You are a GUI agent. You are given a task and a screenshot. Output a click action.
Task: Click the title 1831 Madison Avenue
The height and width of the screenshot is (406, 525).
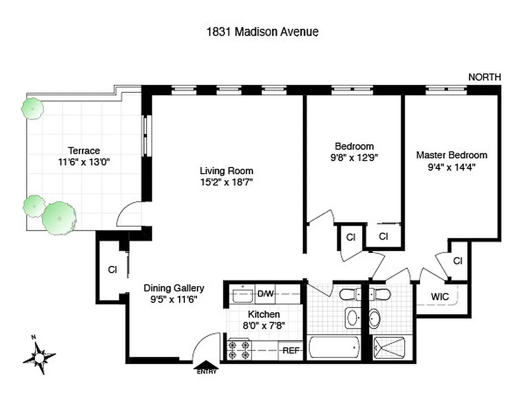click(262, 32)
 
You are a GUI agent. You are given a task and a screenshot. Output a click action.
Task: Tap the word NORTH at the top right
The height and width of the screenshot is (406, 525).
click(484, 77)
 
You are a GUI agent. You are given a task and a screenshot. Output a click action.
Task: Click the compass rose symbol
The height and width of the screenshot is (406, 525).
click(39, 357)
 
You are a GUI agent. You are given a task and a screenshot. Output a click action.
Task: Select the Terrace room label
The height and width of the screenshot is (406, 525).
click(84, 151)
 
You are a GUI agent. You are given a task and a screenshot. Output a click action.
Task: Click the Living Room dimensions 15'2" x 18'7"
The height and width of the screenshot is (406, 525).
click(226, 181)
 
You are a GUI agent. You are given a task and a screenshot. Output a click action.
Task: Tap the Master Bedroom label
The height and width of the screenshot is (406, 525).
click(451, 155)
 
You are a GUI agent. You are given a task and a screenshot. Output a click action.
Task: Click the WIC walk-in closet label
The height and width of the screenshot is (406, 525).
click(440, 297)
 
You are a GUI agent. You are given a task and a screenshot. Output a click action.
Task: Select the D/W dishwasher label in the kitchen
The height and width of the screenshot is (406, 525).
click(266, 294)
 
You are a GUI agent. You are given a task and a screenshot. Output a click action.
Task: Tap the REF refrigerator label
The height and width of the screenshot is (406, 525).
click(291, 350)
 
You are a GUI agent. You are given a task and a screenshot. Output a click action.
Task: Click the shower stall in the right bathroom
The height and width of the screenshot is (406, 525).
click(389, 349)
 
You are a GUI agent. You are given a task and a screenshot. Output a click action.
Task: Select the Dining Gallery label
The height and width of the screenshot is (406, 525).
click(174, 288)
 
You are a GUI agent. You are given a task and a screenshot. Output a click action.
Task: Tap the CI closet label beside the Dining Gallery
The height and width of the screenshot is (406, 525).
click(112, 270)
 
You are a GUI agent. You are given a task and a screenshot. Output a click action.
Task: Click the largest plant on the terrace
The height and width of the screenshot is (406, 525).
click(59, 217)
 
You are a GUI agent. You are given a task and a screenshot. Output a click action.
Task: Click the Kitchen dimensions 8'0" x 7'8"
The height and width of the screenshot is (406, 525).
click(264, 325)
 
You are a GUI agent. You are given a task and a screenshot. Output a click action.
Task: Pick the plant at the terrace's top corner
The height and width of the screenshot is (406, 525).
click(32, 108)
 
